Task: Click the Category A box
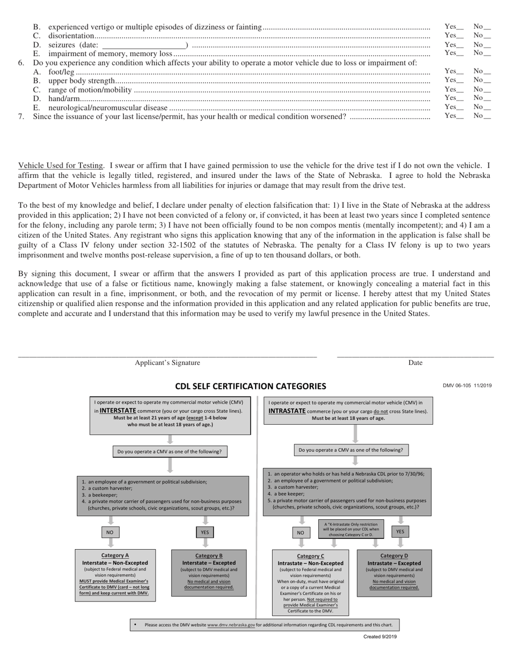[x=115, y=575]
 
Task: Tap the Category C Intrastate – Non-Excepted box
[x=310, y=583]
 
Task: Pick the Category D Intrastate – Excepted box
[x=394, y=573]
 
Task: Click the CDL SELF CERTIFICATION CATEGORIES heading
[x=250, y=386]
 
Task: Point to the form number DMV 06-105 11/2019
[x=467, y=386]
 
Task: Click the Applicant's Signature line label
[x=167, y=363]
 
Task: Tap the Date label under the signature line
[x=415, y=363]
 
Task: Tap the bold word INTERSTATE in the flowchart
[x=118, y=411]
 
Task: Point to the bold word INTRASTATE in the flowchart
[x=287, y=411]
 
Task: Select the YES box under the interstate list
[x=205, y=533]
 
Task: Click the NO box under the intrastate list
[x=301, y=533]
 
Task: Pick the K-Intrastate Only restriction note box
[x=351, y=528]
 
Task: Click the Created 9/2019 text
[x=380, y=637]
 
